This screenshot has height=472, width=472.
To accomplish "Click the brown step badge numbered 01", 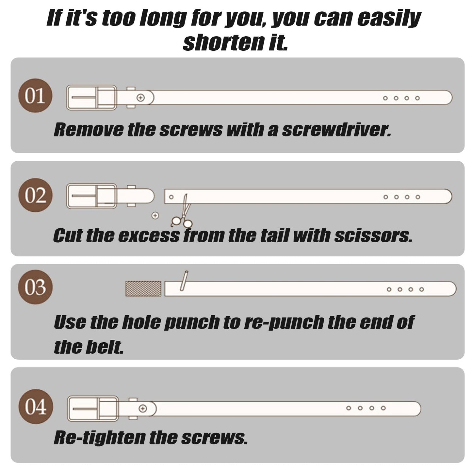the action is pos(35,95).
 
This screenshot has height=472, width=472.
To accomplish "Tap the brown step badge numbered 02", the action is pos(35,195).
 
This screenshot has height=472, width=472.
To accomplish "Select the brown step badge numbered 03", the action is pos(35,287).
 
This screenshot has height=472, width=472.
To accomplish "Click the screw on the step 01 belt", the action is pos(140,98).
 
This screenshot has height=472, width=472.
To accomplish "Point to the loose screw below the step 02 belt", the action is pos(155,216).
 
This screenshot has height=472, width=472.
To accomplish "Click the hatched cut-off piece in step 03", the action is pos(143,288).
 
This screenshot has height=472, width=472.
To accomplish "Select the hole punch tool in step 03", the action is pos(184,281).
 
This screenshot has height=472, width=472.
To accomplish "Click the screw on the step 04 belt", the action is pos(143,409).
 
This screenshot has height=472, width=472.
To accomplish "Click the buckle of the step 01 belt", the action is pos(91,97).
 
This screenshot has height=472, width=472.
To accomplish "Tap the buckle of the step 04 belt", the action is pos(93,408).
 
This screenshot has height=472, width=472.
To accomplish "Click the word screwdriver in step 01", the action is pos(336,130).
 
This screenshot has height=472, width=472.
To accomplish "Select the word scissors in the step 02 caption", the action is pos(373,236).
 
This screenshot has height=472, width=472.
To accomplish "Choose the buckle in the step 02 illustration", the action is pos(91,196).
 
